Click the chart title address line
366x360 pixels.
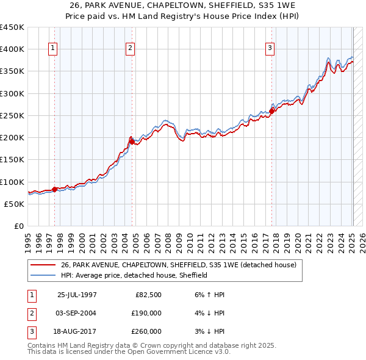coord(182,5)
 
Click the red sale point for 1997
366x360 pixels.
coord(55,189)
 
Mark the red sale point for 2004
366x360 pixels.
coord(131,142)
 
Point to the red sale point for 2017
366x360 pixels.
coord(272,110)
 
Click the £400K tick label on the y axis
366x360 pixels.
coord(12,49)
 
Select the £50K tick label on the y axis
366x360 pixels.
coord(15,204)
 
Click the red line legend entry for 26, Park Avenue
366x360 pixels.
coord(178,265)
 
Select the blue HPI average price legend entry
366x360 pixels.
coord(134,275)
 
